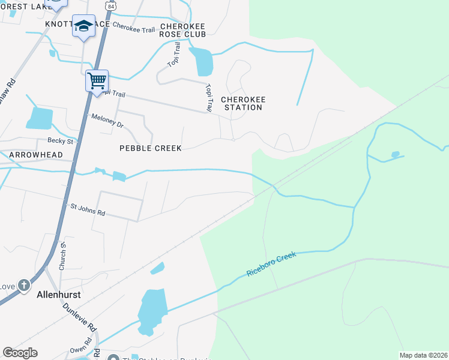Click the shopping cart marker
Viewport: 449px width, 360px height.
[97, 80]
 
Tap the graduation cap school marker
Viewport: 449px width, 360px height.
[83, 26]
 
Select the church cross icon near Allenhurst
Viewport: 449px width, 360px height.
[23, 285]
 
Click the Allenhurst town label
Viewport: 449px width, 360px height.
[59, 295]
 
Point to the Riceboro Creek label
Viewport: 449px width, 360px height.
[271, 264]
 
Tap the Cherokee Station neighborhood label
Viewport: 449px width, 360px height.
[243, 103]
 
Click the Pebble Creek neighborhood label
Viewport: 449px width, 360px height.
[150, 148]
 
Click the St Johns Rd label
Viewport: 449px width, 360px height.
[88, 209]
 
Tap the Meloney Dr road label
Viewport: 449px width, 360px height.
[107, 121]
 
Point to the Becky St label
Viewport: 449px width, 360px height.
[60, 141]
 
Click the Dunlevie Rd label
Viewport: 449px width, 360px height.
[79, 317]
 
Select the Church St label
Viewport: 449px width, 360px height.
[62, 260]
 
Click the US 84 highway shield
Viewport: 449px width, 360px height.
[109, 5]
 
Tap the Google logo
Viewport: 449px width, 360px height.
[20, 353]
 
